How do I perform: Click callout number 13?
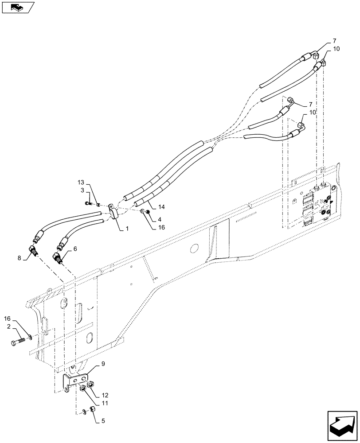pyautogui.click(x=80, y=183)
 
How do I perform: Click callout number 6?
pyautogui.click(x=75, y=250)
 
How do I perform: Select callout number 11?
pyautogui.click(x=104, y=403)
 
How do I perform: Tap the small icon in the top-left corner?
pyautogui.click(x=17, y=7)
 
